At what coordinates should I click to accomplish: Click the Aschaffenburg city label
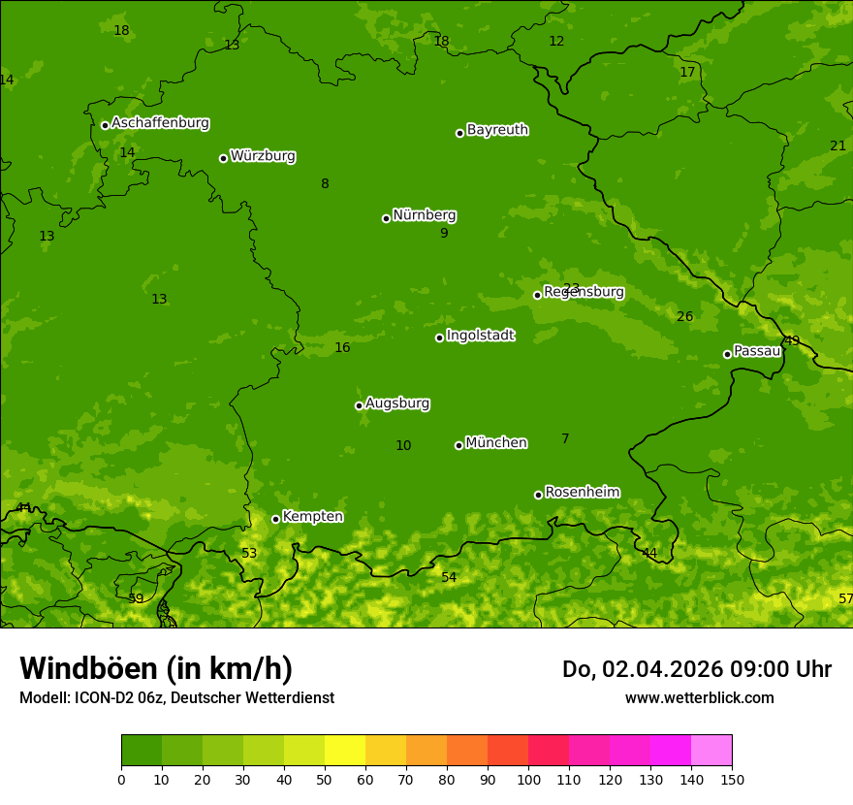[160, 123]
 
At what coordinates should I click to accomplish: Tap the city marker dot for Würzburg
[223, 158]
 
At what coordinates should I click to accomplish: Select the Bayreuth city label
[497, 130]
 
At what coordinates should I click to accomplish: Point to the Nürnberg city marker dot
[386, 218]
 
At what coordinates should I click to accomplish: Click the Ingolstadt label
[480, 336]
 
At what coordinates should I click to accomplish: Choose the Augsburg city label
[397, 403]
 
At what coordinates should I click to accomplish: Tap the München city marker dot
[458, 445]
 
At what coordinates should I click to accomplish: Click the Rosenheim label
[582, 493]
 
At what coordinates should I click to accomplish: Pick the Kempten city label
[312, 517]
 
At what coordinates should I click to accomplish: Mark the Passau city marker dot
[727, 354]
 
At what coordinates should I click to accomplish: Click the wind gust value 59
[136, 598]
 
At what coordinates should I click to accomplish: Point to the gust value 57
[845, 598]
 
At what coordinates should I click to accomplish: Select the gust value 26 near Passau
[684, 317]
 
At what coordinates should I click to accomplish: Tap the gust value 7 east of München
[565, 439]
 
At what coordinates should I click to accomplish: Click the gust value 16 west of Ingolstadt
[342, 348]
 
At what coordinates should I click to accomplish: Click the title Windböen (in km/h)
[156, 668]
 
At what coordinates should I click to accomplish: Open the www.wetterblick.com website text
[699, 697]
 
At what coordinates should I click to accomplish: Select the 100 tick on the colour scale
[528, 779]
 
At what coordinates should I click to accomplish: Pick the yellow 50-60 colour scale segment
[345, 751]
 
